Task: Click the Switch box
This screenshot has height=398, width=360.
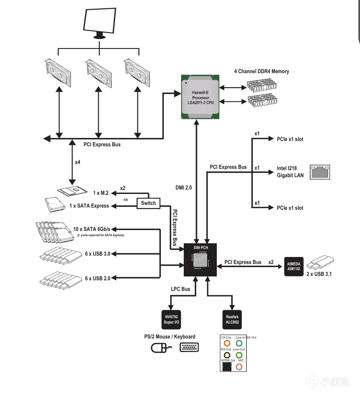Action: (x=148, y=203)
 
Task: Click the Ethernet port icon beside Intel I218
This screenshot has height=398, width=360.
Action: (x=319, y=172)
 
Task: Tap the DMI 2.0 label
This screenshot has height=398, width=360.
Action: (x=184, y=188)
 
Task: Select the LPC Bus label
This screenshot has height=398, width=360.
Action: (x=180, y=289)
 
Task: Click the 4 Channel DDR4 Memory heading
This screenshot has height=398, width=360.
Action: (x=261, y=71)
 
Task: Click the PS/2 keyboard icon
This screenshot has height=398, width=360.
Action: (x=189, y=347)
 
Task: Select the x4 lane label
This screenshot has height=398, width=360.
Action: (x=78, y=162)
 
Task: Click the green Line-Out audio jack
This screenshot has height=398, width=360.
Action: (x=239, y=354)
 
